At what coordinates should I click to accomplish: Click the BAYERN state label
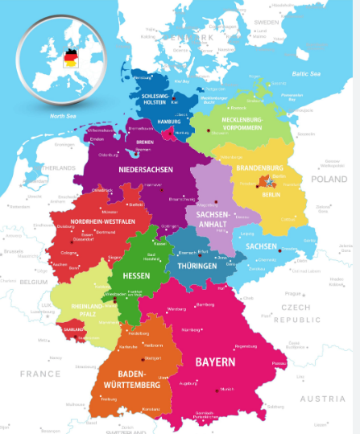coord(214,362)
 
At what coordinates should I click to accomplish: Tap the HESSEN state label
coord(137,275)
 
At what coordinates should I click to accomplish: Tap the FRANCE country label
coord(40,374)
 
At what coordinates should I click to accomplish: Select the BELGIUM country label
coord(35,283)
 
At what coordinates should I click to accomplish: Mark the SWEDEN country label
coord(266,22)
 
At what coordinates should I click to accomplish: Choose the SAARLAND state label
coord(74,329)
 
